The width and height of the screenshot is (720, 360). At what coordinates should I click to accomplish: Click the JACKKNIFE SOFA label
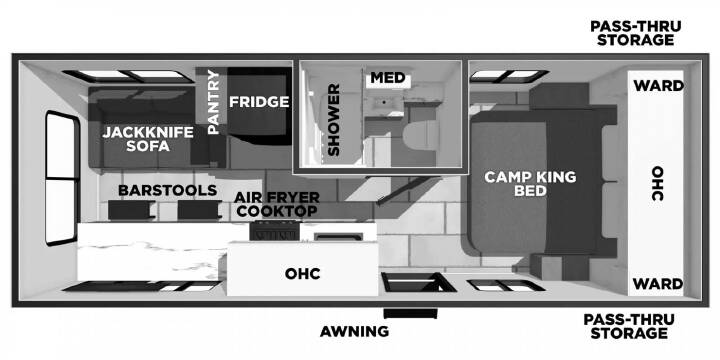pos(147,139)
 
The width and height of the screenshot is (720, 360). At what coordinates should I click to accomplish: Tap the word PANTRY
pos(214,102)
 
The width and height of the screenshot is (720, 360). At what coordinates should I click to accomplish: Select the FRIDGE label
pos(259,101)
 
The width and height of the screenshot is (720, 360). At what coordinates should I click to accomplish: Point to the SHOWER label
pos(334,119)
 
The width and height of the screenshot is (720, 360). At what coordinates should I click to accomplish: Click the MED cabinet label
pos(388,78)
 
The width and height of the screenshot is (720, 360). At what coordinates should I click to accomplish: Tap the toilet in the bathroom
pos(419,135)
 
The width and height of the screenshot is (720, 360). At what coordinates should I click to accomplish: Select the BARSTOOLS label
pos(167,190)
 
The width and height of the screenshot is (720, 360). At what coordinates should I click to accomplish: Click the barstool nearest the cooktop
pos(198,210)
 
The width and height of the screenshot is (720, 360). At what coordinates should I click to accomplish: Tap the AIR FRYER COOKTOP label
pos(276,204)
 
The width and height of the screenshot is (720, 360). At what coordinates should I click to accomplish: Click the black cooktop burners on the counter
pos(275,231)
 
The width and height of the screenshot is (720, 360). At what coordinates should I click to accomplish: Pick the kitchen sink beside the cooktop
pos(337,236)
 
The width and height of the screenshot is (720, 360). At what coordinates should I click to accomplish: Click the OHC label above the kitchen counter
pos(303,274)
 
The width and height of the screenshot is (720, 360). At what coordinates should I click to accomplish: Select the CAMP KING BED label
pos(530,184)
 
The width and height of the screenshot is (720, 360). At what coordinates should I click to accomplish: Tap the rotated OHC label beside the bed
pos(658,183)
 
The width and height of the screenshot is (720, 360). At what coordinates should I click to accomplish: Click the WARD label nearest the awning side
pos(658,284)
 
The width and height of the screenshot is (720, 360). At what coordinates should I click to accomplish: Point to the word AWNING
pos(354,331)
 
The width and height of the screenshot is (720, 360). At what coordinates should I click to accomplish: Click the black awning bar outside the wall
pos(411,314)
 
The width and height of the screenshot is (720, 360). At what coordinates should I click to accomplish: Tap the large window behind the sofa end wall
pos(62,178)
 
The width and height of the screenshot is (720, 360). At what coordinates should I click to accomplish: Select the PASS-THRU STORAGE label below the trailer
pos(629,326)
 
